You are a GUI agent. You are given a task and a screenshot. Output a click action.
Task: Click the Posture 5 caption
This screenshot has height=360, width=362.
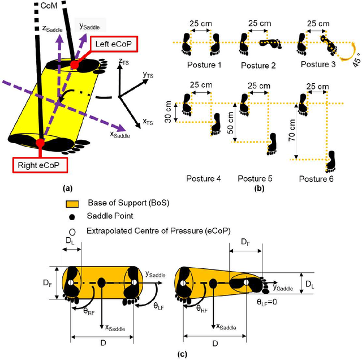coord(255,179)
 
